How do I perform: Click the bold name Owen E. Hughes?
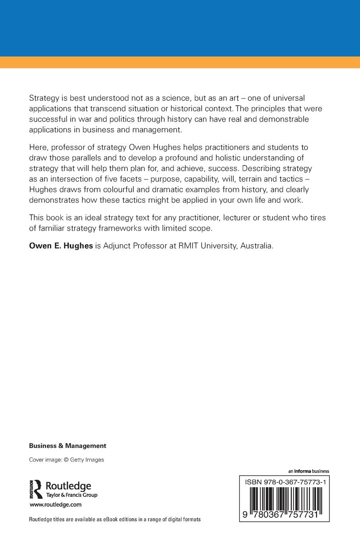[61, 246]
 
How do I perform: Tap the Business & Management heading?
[67, 445]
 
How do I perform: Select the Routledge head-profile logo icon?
[37, 489]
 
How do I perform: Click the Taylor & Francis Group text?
[72, 495]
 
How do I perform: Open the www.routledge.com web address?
[56, 505]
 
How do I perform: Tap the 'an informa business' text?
[309, 471]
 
